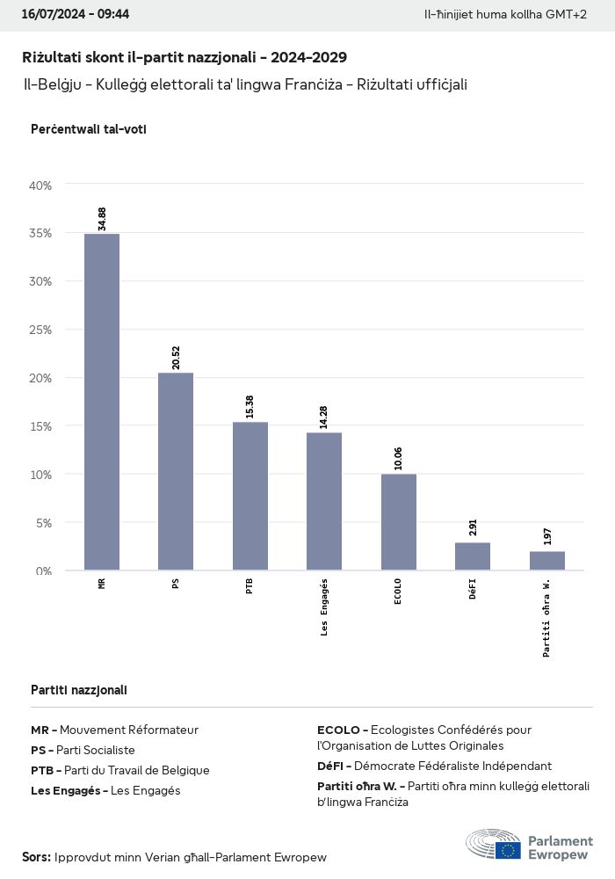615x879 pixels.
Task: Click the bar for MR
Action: [102, 402]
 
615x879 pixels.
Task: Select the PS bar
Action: [176, 471]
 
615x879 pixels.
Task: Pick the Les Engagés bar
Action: [324, 501]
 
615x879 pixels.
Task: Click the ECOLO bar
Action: [398, 522]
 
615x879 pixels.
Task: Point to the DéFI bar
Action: [473, 556]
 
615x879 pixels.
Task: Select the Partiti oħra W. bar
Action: [546, 561]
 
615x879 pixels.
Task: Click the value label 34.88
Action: [103, 219]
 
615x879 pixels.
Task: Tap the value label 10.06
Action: [399, 459]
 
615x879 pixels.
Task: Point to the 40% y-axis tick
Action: [41, 185]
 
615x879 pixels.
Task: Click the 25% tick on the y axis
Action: [41, 330]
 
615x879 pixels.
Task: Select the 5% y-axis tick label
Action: [44, 522]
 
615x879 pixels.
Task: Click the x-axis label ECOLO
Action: [399, 594]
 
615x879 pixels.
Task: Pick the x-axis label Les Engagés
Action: [324, 607]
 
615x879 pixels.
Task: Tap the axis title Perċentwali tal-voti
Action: [88, 129]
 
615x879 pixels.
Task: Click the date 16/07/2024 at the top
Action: [51, 15]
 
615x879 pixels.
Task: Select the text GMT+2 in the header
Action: [567, 15]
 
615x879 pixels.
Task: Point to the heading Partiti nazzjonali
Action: [78, 690]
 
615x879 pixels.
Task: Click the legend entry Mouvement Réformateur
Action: [128, 730]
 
